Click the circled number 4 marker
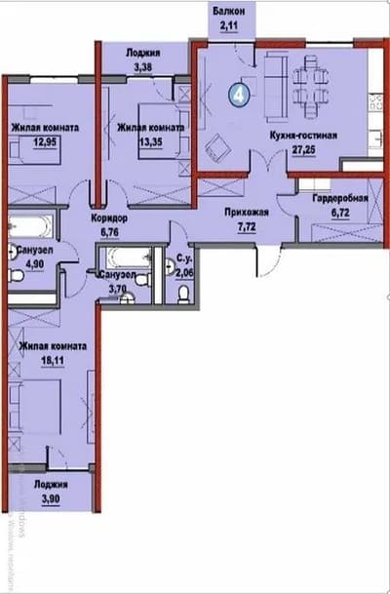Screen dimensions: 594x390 [238, 94]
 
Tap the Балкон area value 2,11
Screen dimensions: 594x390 [231, 28]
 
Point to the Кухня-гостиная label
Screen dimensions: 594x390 [302, 138]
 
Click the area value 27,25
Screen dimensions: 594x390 [302, 152]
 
